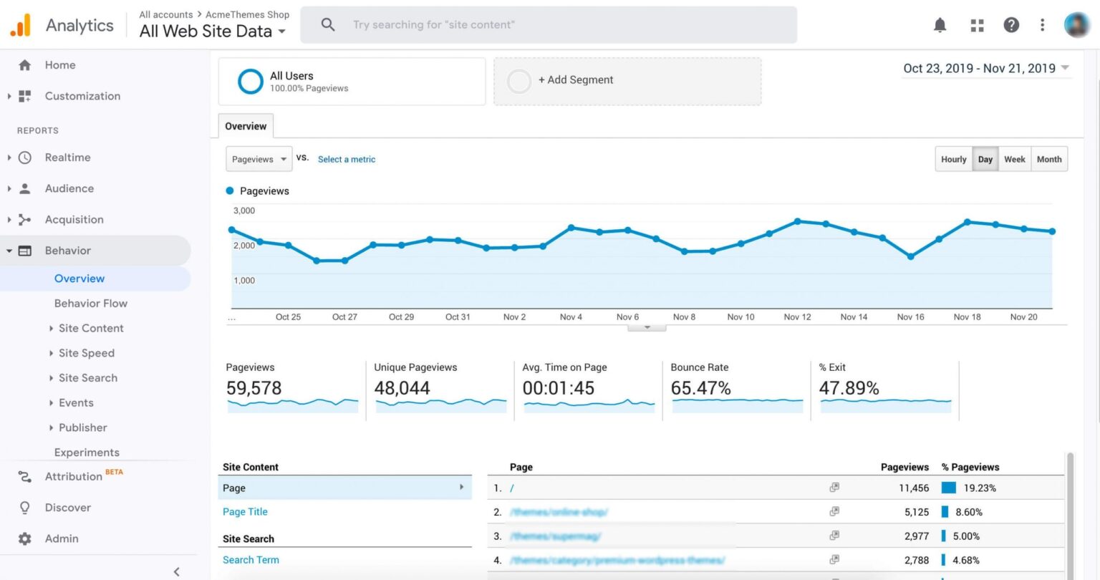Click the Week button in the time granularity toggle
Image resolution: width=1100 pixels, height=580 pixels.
(1014, 159)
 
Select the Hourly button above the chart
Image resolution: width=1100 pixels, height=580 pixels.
(953, 159)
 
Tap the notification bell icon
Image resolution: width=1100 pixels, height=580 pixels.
(940, 25)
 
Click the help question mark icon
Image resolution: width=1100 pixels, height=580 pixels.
(1010, 25)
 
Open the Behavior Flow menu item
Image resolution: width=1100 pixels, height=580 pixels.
(91, 303)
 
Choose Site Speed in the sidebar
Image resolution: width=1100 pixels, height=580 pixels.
(87, 353)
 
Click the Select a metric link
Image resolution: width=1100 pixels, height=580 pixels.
(346, 159)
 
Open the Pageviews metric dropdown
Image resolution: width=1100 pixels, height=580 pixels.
(259, 159)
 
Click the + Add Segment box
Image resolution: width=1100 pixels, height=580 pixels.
(627, 80)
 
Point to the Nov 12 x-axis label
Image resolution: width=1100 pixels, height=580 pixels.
(797, 316)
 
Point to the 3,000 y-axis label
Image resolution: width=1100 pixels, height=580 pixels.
(244, 211)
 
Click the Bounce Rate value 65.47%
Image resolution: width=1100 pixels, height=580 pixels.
(700, 388)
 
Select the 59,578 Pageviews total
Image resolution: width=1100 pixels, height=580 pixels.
(254, 388)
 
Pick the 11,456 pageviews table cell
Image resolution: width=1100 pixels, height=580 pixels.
(913, 488)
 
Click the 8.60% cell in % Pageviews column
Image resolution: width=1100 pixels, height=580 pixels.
(968, 512)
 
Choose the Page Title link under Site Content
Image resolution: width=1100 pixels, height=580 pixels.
(245, 512)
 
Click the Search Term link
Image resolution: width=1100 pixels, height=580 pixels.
(251, 560)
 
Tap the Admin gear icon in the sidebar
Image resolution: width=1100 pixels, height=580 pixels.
(25, 538)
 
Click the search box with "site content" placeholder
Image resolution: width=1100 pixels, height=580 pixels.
(548, 25)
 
